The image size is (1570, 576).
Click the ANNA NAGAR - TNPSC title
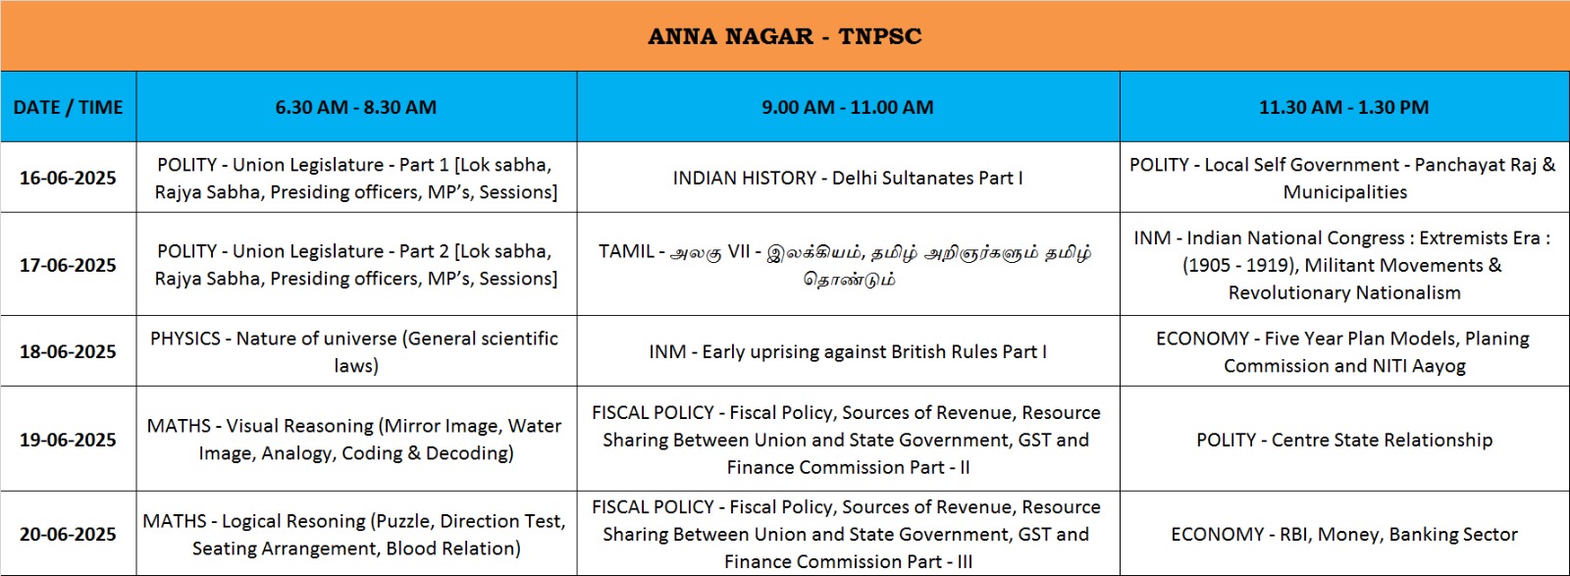click(x=784, y=36)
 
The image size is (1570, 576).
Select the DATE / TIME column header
click(x=68, y=107)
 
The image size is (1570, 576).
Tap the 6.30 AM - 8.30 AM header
click(x=356, y=107)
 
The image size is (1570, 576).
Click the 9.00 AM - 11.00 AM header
click(x=848, y=107)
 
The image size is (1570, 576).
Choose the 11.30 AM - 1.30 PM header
click(x=1343, y=107)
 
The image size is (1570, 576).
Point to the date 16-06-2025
click(x=68, y=178)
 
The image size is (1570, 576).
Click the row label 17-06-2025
click(x=68, y=265)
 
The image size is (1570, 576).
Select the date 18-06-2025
click(x=68, y=351)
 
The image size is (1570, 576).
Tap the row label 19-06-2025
click(x=68, y=440)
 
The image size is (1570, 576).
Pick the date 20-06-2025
click(x=68, y=534)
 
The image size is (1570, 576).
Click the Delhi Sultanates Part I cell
click(x=848, y=178)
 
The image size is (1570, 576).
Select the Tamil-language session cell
click(x=848, y=265)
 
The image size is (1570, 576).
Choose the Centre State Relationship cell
click(x=1344, y=440)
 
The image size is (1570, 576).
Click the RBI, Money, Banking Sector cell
click(x=1344, y=534)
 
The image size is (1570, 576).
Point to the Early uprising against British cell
click(x=848, y=351)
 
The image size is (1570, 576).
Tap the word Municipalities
click(x=1345, y=192)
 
